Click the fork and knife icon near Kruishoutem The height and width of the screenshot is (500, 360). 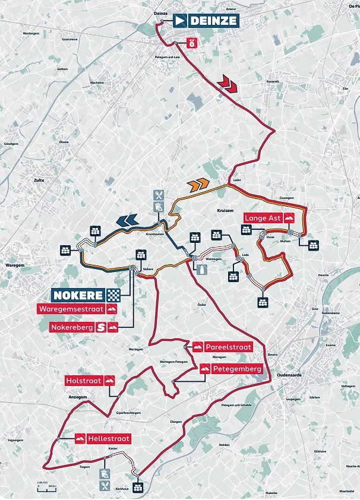tap(158, 195)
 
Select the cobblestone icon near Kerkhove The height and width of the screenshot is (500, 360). tap(138, 488)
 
